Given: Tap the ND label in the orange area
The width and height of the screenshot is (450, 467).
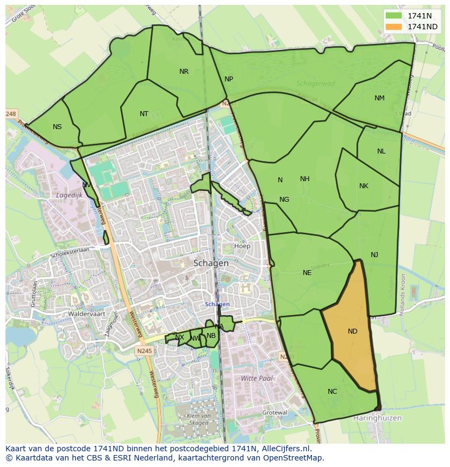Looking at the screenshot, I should [x=353, y=331].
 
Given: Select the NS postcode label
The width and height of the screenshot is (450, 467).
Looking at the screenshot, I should [x=57, y=127].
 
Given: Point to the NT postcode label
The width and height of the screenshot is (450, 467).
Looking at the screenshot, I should [x=144, y=114].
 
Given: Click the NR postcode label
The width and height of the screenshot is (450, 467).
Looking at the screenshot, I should [x=184, y=72].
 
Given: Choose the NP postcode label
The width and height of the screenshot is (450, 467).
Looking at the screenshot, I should [x=229, y=79].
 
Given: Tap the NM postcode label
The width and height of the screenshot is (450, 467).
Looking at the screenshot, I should [x=379, y=98].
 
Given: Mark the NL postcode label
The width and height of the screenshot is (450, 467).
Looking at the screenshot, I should [x=381, y=151].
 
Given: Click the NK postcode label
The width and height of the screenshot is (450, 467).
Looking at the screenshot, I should [x=364, y=186].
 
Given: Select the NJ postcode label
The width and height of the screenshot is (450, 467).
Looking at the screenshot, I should [x=374, y=255].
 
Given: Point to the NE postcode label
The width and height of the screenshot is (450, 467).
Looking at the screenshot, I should [x=307, y=273].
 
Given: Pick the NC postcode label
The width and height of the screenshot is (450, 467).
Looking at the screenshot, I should [x=333, y=392].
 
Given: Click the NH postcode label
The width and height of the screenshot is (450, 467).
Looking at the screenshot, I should [x=304, y=179].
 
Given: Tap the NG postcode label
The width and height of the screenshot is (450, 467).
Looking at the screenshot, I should [x=284, y=200].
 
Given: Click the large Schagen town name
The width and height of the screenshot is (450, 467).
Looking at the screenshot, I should [x=211, y=263].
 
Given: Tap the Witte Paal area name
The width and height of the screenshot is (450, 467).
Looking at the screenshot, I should [x=257, y=378].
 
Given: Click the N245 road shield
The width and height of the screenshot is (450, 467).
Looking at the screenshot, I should [x=145, y=351].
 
